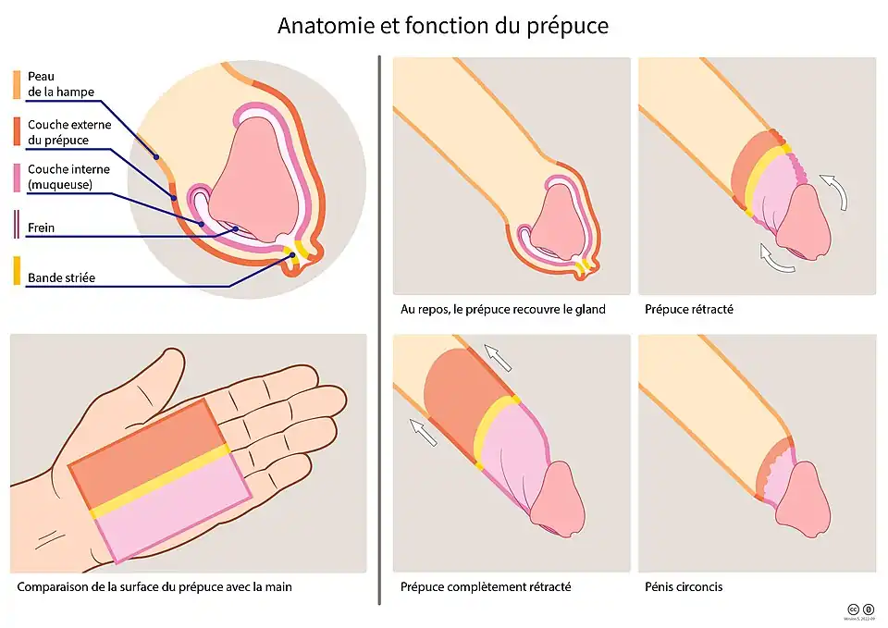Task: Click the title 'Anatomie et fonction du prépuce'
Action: (x=443, y=25)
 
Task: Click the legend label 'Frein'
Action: (x=41, y=228)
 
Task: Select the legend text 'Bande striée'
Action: (x=61, y=277)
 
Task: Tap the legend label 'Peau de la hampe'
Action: (x=60, y=83)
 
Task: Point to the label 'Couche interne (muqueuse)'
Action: (x=68, y=178)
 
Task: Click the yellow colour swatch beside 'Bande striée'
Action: (x=17, y=271)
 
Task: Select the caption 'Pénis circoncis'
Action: (x=684, y=586)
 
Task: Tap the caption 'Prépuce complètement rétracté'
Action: (x=485, y=586)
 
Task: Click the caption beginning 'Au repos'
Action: (x=502, y=309)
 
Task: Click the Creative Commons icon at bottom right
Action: (x=852, y=609)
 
